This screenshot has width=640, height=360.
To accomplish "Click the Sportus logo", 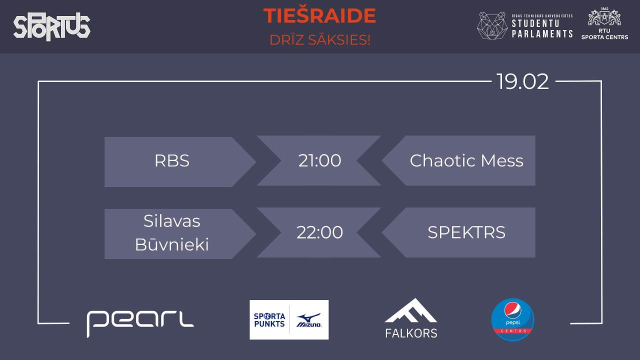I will tap(51, 27).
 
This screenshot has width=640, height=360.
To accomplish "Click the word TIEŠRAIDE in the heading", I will tap(319, 16).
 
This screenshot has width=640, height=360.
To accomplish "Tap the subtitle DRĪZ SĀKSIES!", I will tap(319, 40).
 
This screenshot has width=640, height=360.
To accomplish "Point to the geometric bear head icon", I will tap(492, 25).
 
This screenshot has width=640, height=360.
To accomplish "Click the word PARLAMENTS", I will tap(542, 34).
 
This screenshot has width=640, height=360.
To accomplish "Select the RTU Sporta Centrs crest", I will tap(604, 18).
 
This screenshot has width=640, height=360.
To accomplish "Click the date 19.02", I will tap(522, 81).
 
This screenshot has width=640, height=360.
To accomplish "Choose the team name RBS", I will tap(172, 161).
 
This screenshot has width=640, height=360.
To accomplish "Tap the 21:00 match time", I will tap(319, 161).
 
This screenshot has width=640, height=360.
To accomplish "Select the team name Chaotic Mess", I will tap(466, 161).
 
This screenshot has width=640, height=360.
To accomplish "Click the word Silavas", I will tap(171, 221).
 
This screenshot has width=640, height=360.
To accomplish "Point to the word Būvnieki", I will tap(171, 245).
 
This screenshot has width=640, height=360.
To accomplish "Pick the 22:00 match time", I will tap(319, 233).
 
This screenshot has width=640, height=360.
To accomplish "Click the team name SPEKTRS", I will tap(466, 233).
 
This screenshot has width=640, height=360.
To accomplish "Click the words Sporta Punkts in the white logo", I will tap(269, 320).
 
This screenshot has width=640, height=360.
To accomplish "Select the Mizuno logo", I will tap(309, 320).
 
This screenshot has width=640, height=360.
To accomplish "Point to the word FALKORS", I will tap(411, 333).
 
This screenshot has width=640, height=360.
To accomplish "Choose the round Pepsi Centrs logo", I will tap(512, 319).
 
